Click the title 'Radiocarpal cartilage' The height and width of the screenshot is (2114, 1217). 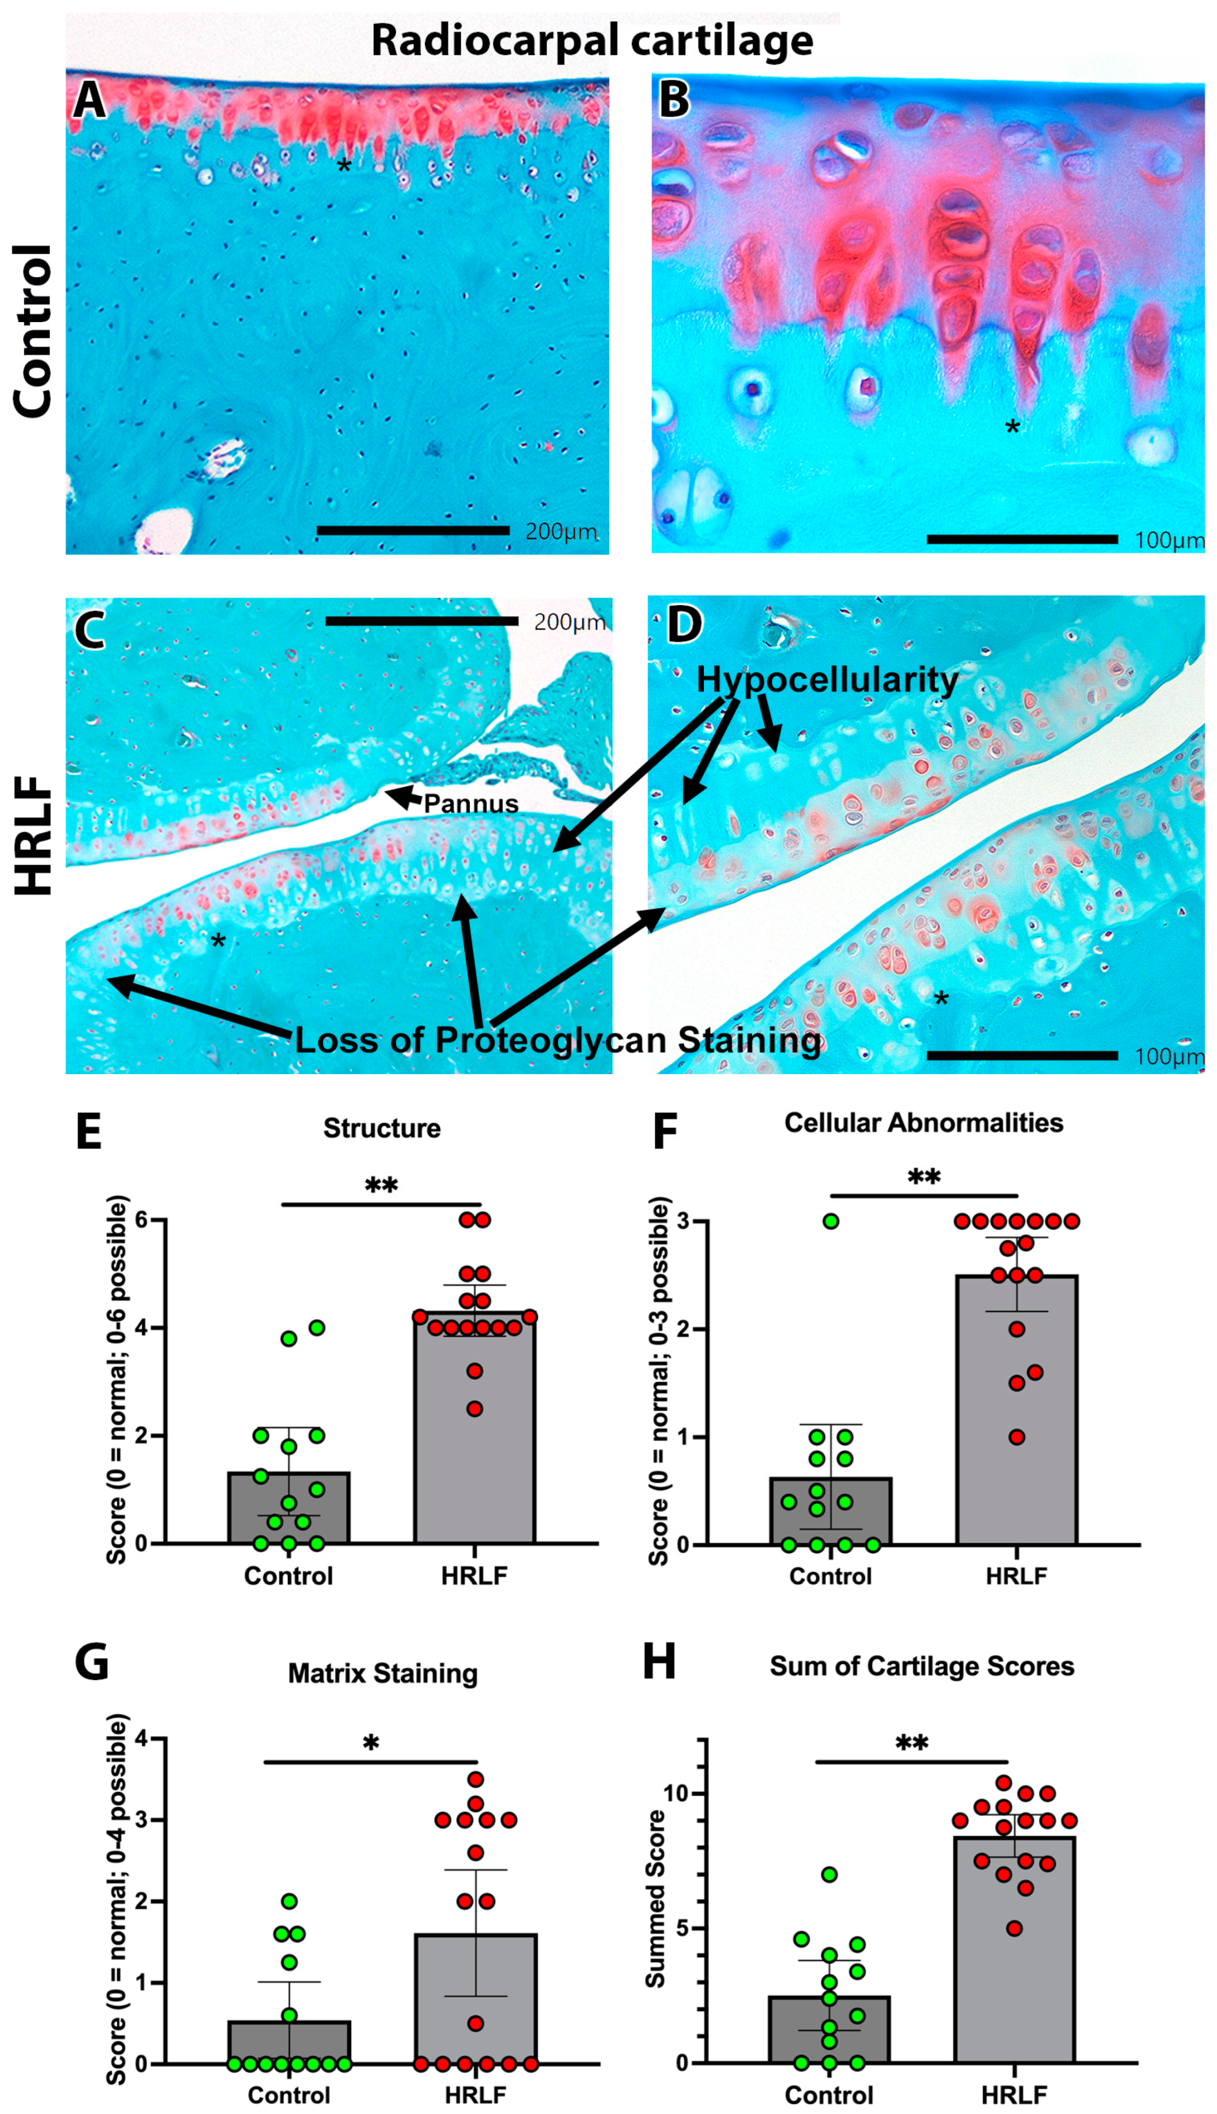(x=592, y=40)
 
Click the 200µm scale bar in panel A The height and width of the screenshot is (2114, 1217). (x=413, y=530)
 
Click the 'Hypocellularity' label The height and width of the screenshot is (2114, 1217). (x=827, y=680)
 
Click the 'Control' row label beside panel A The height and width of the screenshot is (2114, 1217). (x=34, y=331)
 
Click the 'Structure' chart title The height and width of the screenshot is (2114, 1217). (x=382, y=1128)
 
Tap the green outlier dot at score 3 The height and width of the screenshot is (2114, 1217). (x=831, y=1221)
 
